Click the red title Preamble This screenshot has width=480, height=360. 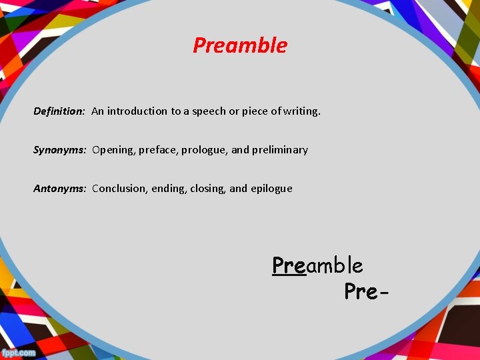coord(240,45)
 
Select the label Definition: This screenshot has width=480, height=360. coord(59,111)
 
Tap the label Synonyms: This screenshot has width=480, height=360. coord(60,150)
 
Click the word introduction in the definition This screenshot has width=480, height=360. coord(137,111)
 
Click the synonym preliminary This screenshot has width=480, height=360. coord(280,150)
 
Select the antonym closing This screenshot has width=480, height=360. coord(207,189)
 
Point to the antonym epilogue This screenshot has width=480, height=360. coord(271,189)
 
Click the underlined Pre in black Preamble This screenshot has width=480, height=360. coord(289,265)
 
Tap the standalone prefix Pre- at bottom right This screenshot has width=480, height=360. coord(366,291)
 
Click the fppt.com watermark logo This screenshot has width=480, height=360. coord(19,352)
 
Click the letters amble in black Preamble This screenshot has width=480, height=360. coord(334,265)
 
